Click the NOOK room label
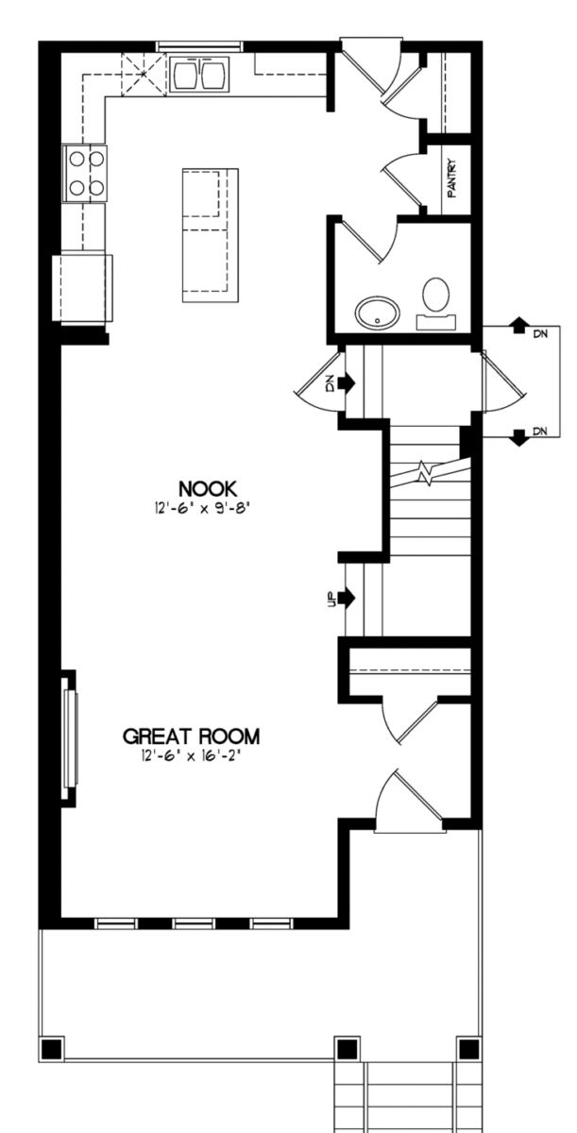[x=208, y=489]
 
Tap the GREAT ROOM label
[x=192, y=736]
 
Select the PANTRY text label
[x=451, y=178]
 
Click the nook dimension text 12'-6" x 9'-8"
[x=203, y=508]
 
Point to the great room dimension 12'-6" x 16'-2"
[x=190, y=756]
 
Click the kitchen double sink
[x=199, y=75]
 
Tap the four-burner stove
[x=84, y=174]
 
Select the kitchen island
[x=211, y=235]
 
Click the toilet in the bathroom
[x=436, y=301]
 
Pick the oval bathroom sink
[x=377, y=313]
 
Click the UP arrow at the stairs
[x=347, y=598]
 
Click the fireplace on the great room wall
[x=70, y=738]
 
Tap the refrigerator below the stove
[x=82, y=288]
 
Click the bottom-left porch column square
[x=52, y=1049]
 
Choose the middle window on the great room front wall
[x=194, y=923]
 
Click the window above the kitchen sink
[x=199, y=46]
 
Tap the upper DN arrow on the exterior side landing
[x=518, y=325]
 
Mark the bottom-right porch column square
[x=468, y=1049]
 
